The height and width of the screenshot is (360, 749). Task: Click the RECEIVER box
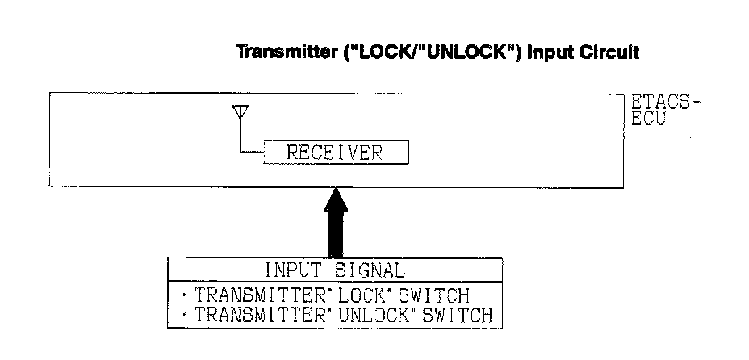(336, 152)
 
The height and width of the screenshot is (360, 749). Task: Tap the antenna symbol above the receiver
(239, 114)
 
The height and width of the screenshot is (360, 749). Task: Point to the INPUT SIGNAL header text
(334, 270)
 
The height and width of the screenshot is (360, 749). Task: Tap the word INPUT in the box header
(291, 270)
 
